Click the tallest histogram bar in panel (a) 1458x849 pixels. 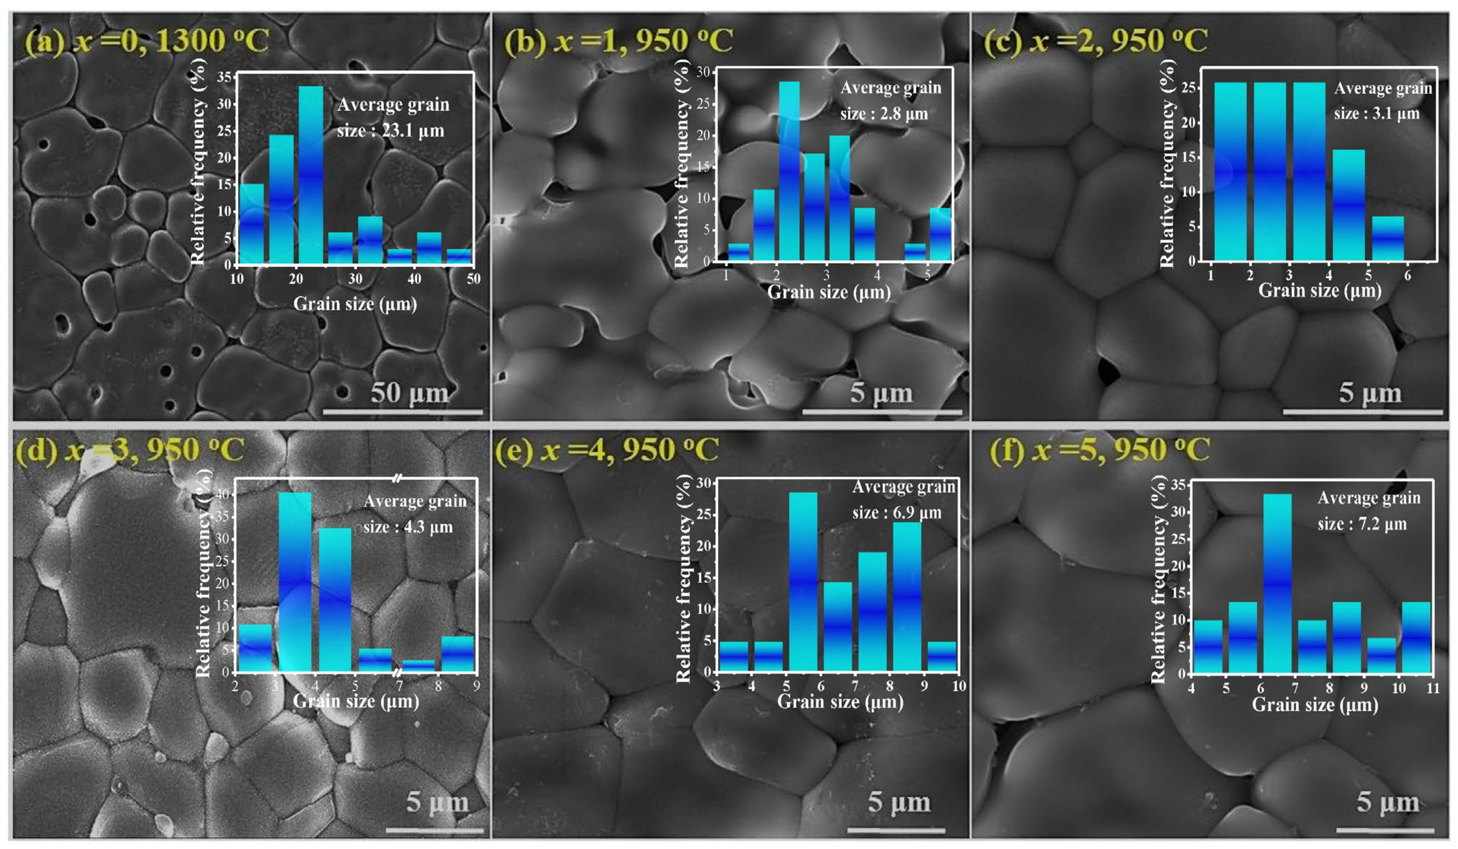pyautogui.click(x=311, y=174)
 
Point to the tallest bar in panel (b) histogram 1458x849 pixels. pyautogui.click(x=789, y=171)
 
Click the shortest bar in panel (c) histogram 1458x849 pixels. pyautogui.click(x=1387, y=238)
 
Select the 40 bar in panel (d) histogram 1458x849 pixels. pyautogui.click(x=295, y=582)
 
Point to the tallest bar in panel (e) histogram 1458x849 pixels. pyautogui.click(x=803, y=582)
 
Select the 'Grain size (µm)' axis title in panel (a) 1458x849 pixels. pyautogui.click(x=355, y=304)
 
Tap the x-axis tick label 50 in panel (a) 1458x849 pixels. pyautogui.click(x=473, y=279)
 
